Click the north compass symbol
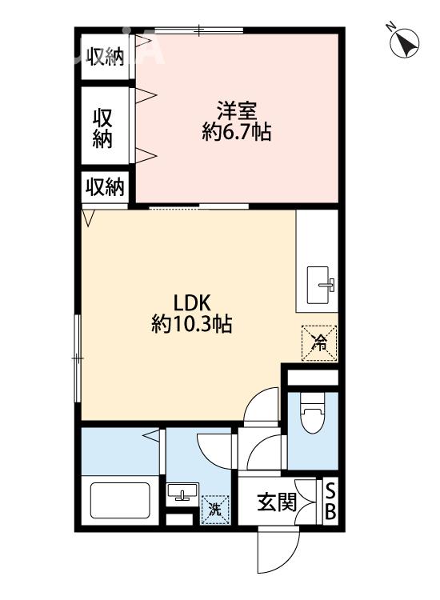click(406, 42)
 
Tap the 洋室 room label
click(236, 110)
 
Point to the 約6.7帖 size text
click(236, 133)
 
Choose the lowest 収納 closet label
click(106, 188)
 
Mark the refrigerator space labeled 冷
click(319, 342)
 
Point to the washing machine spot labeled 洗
click(214, 507)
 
